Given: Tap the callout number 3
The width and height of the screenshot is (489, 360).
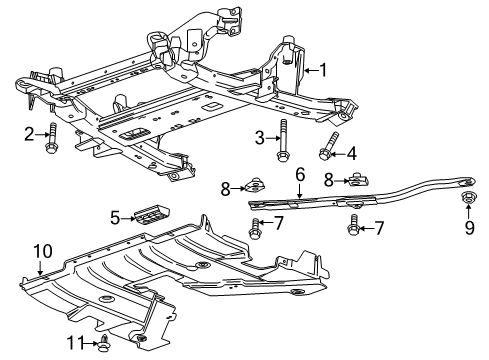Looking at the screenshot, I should click(259, 138).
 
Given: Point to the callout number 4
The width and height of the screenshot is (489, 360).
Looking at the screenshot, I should click(351, 153).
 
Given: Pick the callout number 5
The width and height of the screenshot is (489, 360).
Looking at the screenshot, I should click(115, 215).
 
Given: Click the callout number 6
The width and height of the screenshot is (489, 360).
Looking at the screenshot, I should click(299, 174).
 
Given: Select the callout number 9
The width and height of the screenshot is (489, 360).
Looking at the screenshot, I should click(468, 229).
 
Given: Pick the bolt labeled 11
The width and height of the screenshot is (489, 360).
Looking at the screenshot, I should click(105, 343).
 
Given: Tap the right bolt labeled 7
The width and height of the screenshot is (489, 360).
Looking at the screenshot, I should click(353, 228).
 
